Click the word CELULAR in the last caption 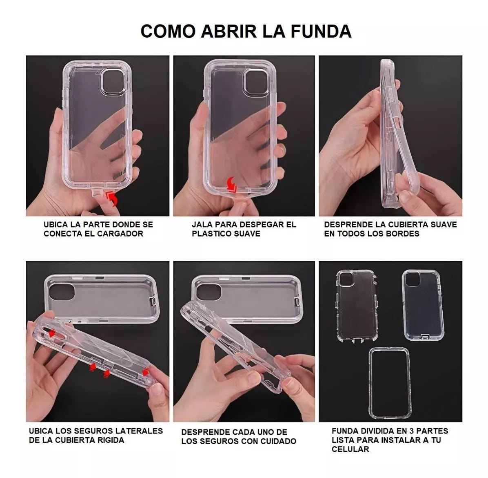(x=350, y=449)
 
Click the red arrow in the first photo (x=113, y=199)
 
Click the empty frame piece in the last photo (x=390, y=383)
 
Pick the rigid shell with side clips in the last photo (x=357, y=305)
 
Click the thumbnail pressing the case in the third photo (x=406, y=197)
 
